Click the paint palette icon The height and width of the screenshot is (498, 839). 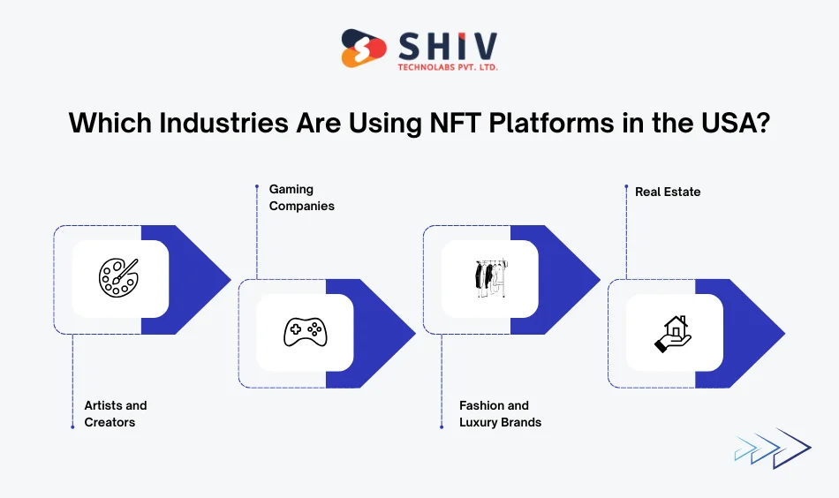click(x=119, y=278)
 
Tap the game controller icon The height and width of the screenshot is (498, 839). click(x=305, y=333)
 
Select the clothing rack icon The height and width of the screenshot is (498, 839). click(x=488, y=278)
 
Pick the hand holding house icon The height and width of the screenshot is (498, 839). click(x=673, y=333)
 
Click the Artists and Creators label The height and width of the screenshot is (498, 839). click(x=116, y=414)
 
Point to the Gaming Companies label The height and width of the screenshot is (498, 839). click(x=301, y=197)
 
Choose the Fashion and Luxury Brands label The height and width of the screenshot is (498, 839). click(x=500, y=414)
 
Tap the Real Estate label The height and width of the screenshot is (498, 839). click(x=668, y=192)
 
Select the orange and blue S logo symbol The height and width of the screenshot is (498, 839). click(x=364, y=49)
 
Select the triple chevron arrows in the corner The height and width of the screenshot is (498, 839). click(x=771, y=448)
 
